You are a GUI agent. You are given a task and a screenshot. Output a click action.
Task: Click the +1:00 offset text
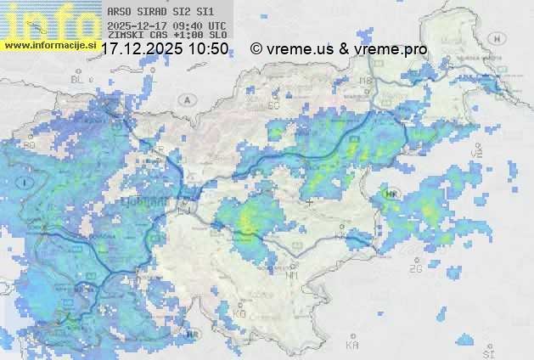tap(186, 36)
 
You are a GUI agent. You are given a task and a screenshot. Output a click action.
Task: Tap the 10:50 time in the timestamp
tap(208, 49)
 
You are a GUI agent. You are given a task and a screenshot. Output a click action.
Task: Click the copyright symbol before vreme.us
tap(256, 49)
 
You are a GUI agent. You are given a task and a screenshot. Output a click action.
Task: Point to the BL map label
tap(79, 79)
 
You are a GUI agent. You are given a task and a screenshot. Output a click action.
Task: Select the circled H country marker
tap(391, 194)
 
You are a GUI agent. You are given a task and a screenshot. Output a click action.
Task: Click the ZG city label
tap(415, 269)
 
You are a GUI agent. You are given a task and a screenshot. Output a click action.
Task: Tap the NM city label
tap(293, 276)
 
